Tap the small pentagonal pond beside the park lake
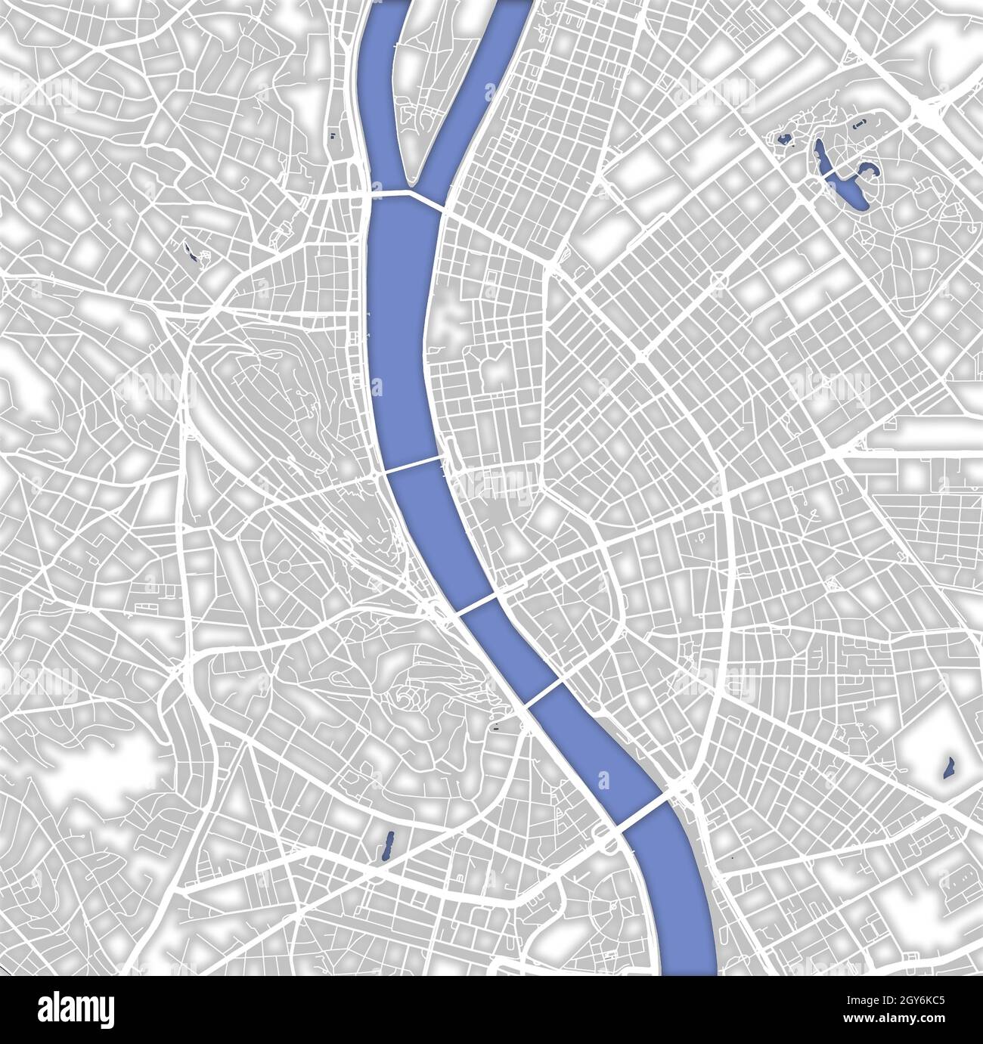tap(783, 138)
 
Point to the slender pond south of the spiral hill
tap(388, 845)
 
